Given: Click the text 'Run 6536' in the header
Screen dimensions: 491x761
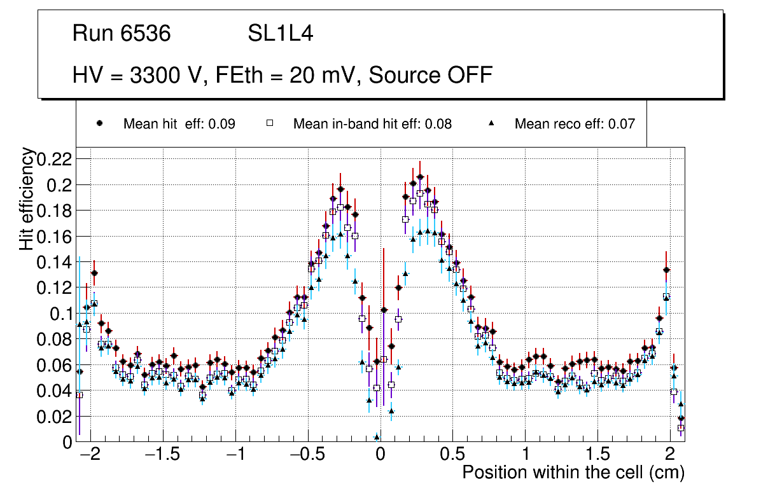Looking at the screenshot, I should click(x=122, y=34).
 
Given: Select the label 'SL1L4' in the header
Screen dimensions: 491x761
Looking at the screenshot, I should click(x=280, y=34).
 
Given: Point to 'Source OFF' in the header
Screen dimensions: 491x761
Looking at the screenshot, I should click(x=431, y=75).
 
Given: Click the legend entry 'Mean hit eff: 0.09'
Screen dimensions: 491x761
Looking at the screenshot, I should click(x=179, y=124).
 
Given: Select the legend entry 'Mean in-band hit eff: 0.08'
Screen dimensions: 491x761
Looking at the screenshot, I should click(x=372, y=124).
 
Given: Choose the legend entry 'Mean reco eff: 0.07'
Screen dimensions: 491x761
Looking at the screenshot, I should click(x=575, y=124).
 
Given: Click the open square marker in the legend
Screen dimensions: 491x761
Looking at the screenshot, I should click(x=269, y=124).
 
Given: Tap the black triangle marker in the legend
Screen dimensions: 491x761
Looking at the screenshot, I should click(x=491, y=123).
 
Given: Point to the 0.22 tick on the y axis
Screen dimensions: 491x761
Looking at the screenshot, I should click(x=55, y=158).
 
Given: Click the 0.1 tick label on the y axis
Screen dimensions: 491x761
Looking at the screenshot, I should click(x=61, y=314).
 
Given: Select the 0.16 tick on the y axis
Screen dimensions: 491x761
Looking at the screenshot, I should click(x=55, y=236).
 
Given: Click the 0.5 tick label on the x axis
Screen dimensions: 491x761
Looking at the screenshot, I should click(x=452, y=455).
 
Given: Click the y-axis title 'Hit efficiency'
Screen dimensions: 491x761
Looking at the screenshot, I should click(x=27, y=198).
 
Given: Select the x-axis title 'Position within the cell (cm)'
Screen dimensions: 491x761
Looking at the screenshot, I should click(x=573, y=473).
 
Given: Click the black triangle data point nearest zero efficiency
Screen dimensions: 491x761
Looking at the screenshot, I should click(x=377, y=437).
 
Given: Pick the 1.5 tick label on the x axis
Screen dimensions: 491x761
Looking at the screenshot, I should click(x=597, y=455).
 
